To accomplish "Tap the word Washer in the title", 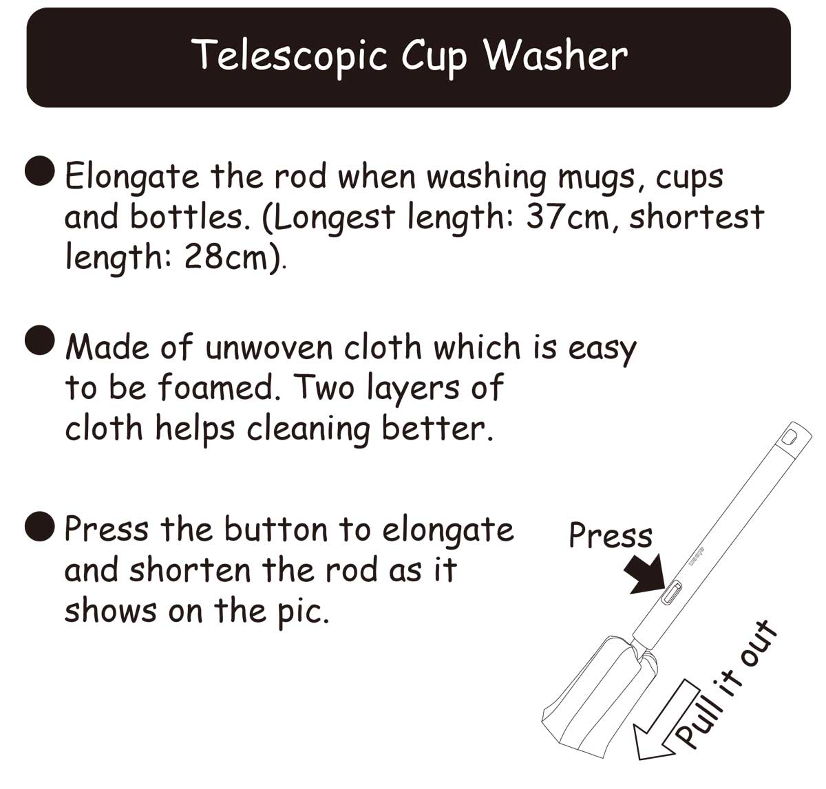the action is pos(556,54).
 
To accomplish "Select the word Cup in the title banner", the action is pos(435,58).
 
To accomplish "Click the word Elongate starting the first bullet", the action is pos(131,177).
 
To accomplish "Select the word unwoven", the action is pos(268,348).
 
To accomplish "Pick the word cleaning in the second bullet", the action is pos(308,429).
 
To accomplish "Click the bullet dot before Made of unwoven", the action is pos(40,340).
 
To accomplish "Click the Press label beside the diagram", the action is pos(611,535).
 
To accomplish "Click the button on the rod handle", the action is pos(673,592).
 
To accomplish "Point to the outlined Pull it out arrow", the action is pos(665,721).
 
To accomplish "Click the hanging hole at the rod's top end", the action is pos(790,437).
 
